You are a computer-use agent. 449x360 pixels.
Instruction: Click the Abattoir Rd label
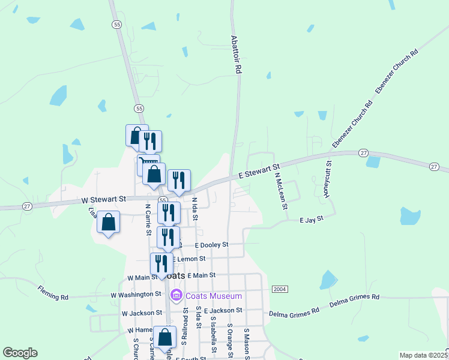[237, 53]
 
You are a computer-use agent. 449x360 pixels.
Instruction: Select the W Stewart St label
[104, 199]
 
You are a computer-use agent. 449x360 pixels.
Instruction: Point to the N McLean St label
[279, 191]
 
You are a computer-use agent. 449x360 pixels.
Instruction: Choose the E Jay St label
[312, 220]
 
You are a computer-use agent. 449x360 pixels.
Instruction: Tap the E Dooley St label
[204, 245]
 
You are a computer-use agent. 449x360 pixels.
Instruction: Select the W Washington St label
[136, 295]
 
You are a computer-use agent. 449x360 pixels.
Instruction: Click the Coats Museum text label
[213, 296]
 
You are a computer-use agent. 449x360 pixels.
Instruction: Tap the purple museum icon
[176, 295]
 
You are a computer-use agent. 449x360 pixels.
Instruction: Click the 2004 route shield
[280, 289]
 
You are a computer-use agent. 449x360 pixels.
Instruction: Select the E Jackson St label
[223, 310]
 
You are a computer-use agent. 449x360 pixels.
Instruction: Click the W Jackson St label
[141, 313]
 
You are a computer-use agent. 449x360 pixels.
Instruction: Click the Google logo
[20, 353]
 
